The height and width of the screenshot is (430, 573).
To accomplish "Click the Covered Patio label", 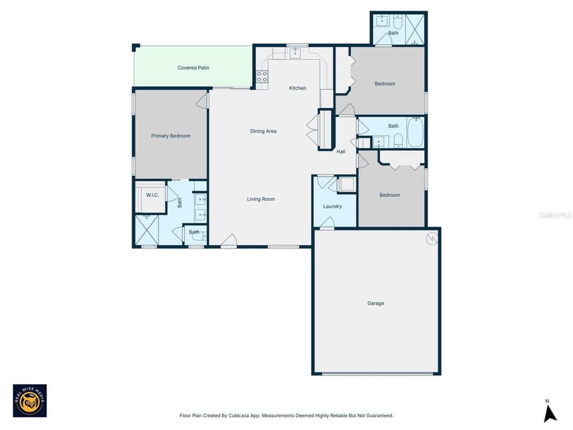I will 194,68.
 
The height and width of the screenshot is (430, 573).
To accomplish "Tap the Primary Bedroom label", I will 171,136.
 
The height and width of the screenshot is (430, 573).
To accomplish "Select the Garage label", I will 376,303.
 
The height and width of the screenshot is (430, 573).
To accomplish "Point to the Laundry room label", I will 332,206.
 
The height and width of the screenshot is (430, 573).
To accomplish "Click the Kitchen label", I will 297,88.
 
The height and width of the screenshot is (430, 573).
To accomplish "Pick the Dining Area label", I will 263,131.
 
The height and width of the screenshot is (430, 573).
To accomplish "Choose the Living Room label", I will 261,199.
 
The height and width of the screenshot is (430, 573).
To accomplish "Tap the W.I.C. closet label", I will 152,194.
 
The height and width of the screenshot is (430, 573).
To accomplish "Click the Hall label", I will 341,152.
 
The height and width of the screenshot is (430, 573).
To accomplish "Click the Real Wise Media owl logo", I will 30,401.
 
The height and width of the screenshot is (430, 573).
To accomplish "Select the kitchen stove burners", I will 262,77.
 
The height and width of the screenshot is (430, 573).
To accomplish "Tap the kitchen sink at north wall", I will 296,54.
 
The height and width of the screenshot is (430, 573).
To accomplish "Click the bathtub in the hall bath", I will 415,132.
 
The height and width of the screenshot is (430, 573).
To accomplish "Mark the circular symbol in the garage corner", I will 432,238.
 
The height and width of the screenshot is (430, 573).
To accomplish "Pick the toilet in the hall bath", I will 397,140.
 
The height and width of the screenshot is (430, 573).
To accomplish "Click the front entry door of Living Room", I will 229,241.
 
